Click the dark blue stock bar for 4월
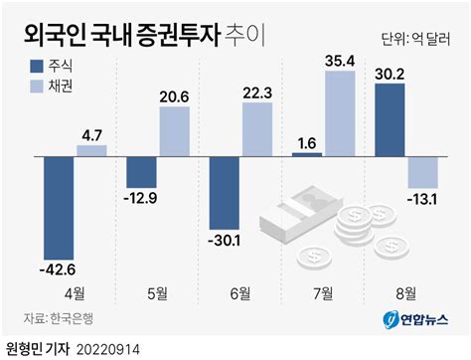coord(59,208)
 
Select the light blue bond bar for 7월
coord(340,113)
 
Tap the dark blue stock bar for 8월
coord(390,120)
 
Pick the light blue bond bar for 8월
coord(423,172)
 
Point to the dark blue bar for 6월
coord(225,193)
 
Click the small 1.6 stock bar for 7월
coord(307,154)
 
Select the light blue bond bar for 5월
coord(175,131)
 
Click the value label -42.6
coord(58,270)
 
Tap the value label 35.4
coord(340,61)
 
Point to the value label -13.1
coord(422,200)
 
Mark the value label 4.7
coord(92,136)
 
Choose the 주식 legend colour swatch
coord(37,66)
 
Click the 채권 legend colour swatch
coord(37,87)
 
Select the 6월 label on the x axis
coord(240,293)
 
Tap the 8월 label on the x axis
coord(406,293)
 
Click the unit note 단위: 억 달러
coord(415,39)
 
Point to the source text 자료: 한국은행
coord(59,318)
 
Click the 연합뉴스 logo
coord(416,320)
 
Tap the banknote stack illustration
coord(301,214)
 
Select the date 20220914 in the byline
coord(108,350)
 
